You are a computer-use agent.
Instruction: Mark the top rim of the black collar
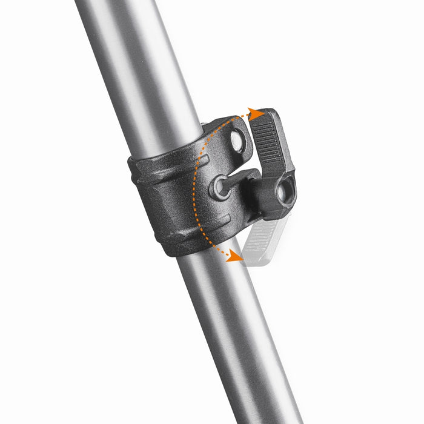click(164, 151)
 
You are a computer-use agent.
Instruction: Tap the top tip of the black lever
click(267, 113)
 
